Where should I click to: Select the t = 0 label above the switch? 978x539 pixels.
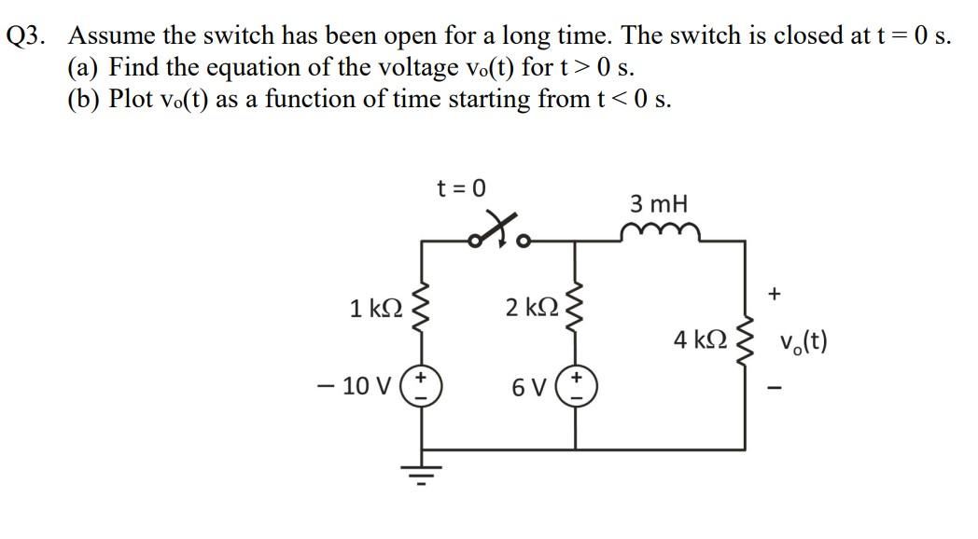coord(462,187)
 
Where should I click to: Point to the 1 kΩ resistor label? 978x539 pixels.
coord(377,309)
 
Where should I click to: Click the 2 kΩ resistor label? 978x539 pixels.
coord(532,307)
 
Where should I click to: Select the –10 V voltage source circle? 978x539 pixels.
coord(420,386)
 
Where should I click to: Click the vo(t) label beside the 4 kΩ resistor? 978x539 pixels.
coord(800,342)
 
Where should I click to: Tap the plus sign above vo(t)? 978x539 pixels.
coord(774,295)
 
